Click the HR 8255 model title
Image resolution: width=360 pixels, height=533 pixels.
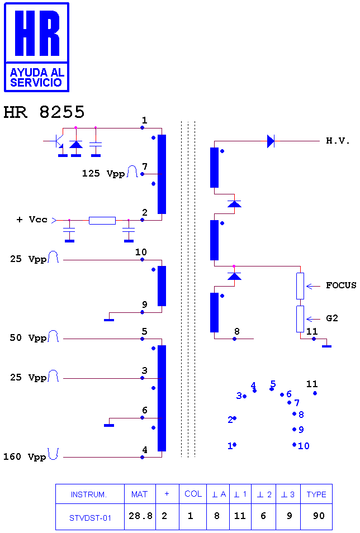[44, 112]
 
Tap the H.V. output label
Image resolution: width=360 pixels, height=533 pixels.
[338, 141]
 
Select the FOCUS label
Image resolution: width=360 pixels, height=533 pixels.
[341, 285]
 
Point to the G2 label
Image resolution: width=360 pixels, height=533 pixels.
[331, 318]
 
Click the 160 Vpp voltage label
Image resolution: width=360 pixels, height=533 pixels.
[25, 456]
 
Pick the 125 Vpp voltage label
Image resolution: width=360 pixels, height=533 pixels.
[103, 173]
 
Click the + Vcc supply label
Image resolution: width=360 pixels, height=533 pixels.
[32, 220]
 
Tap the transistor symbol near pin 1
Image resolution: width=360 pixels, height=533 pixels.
[58, 141]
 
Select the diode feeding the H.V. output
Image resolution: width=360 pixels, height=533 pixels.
[271, 141]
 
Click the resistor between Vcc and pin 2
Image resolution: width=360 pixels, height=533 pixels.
[102, 220]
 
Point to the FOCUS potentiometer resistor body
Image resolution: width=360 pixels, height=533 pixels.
[300, 286]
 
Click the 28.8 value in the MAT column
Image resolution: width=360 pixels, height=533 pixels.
[140, 516]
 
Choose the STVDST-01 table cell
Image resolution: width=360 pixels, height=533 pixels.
[90, 518]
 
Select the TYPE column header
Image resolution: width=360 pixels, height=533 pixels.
[316, 494]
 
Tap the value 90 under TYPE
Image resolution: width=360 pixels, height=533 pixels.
[319, 516]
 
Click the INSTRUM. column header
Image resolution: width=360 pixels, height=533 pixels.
[89, 494]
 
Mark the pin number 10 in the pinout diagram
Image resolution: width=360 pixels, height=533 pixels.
[304, 446]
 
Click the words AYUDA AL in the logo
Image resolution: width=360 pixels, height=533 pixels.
[37, 73]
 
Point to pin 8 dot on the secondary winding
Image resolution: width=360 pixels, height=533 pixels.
[234, 339]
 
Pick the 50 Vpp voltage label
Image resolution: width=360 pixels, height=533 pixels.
[28, 337]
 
